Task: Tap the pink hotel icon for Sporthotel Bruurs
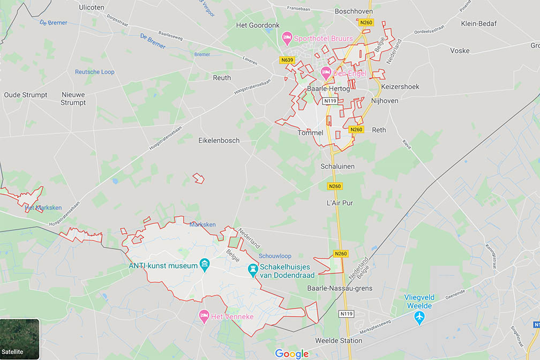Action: [287, 38]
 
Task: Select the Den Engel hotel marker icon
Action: [325, 71]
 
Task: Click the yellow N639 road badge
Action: [287, 60]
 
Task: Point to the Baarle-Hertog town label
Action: [328, 89]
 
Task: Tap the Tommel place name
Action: [311, 133]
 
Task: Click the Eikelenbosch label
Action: [219, 140]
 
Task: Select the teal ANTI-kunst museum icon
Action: [204, 264]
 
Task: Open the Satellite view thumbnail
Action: [20, 339]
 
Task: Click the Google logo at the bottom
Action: [292, 354]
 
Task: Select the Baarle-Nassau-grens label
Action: [340, 288]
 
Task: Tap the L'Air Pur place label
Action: [340, 203]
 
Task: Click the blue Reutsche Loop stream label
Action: [94, 72]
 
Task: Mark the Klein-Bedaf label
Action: [479, 24]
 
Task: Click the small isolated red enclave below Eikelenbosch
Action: [199, 178]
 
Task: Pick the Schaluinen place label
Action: [337, 166]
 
